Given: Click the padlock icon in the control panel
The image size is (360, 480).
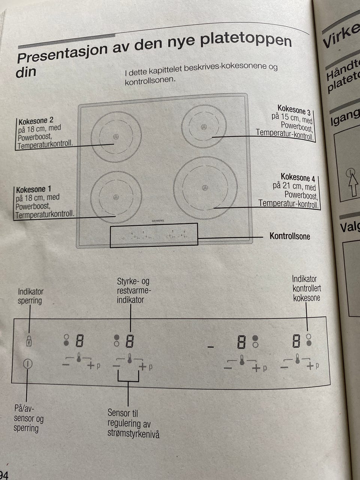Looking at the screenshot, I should click(29, 341).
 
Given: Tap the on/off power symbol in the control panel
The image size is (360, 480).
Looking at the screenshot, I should click(28, 363).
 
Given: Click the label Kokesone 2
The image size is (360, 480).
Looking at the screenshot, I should click(36, 121).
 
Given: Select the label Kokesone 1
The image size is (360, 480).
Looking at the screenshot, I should click(33, 189).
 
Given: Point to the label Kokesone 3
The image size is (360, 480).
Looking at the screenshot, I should click(294, 110).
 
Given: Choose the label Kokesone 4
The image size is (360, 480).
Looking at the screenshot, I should click(298, 177).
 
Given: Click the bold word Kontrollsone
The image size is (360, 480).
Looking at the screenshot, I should click(289, 236).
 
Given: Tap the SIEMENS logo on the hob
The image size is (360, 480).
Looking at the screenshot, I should click(157, 221).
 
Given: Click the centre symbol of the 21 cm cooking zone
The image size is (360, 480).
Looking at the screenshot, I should click(205, 187).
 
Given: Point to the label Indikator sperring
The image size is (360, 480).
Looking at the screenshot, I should click(30, 296).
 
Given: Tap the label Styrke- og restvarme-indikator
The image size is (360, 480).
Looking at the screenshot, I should click(133, 291).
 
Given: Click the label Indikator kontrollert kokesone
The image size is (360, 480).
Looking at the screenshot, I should click(306, 288).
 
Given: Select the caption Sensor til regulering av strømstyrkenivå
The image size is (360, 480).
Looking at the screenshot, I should click(133, 424).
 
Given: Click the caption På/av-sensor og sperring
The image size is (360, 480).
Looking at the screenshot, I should click(28, 418).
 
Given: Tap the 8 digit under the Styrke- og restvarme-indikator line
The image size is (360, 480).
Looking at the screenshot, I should click(130, 341).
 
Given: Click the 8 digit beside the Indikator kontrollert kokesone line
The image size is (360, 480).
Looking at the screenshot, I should click(296, 341).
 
